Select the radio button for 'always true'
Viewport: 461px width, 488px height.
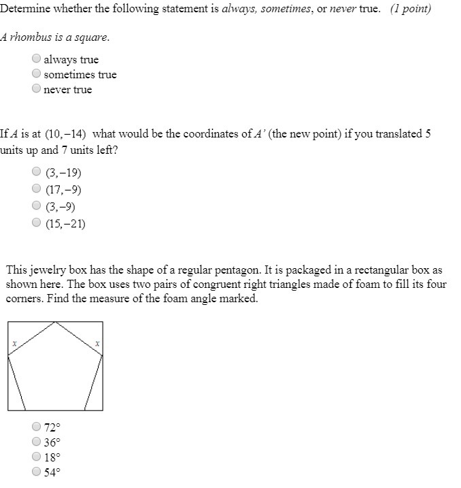tap(37, 59)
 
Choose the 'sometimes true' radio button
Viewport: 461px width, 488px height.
tap(37, 74)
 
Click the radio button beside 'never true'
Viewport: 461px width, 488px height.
tap(37, 89)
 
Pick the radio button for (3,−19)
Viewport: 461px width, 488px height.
tap(37, 173)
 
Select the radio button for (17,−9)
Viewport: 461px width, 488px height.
tap(37, 189)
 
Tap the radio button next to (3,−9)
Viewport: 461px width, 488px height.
tap(37, 206)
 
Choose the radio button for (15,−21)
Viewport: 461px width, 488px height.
tap(37, 222)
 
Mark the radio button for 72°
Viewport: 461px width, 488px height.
tap(37, 427)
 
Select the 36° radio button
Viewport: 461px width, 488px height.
tap(37, 442)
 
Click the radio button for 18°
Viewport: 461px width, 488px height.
tap(37, 457)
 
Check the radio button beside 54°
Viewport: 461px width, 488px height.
tap(37, 472)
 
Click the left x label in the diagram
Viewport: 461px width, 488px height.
tap(14, 344)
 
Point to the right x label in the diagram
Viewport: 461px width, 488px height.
tap(97, 344)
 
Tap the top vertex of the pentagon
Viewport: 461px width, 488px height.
tap(56, 322)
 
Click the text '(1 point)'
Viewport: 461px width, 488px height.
tap(411, 12)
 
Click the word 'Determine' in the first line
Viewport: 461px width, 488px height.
tap(25, 12)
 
